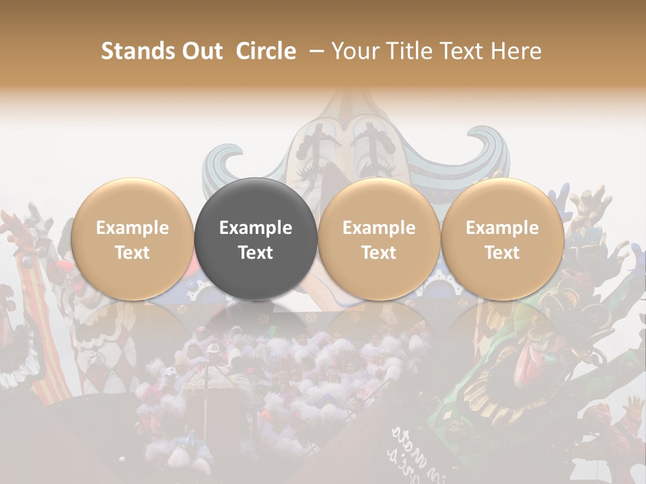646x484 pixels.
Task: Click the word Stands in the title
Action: pyautogui.click(x=138, y=51)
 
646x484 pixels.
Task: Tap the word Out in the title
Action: pyautogui.click(x=201, y=51)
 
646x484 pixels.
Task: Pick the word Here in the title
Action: pyautogui.click(x=515, y=51)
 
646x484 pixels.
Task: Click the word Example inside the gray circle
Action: pyautogui.click(x=256, y=228)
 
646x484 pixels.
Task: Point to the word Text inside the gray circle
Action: pyautogui.click(x=256, y=253)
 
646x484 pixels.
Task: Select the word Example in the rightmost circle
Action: pyautogui.click(x=502, y=228)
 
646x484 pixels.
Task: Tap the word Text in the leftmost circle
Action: pyautogui.click(x=132, y=253)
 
